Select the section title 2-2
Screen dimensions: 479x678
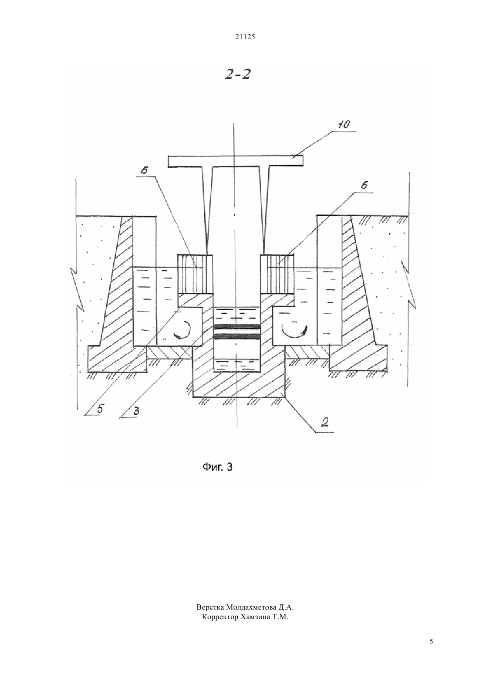(x=238, y=74)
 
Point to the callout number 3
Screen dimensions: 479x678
(x=136, y=411)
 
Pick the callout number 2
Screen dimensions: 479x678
(x=325, y=422)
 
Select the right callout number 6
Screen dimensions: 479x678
(x=365, y=185)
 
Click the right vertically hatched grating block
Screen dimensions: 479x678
(x=277, y=274)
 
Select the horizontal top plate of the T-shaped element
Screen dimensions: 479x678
(x=235, y=161)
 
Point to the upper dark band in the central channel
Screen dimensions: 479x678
(x=237, y=327)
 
